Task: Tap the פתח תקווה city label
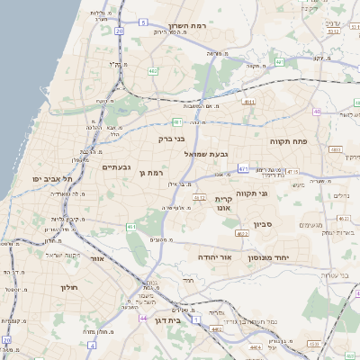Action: (288, 141)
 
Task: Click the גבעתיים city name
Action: (117, 166)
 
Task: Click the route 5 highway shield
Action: (143, 21)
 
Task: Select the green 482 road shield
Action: (153, 69)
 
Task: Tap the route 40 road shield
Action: (317, 112)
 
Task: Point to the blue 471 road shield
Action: (243, 168)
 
